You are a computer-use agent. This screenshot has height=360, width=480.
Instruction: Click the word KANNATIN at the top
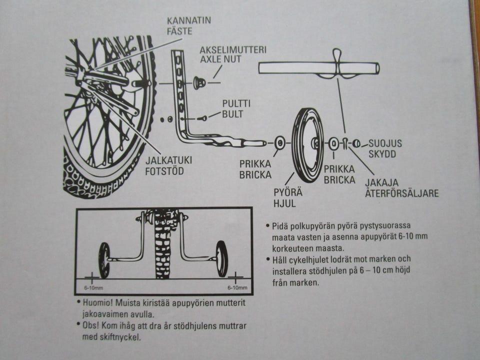189,20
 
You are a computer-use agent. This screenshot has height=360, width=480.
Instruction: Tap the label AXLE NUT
220,59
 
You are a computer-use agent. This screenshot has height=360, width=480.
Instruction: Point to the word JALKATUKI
168,160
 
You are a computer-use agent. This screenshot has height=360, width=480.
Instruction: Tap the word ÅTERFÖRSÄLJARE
401,192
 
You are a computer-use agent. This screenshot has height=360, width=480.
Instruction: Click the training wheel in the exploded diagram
307,145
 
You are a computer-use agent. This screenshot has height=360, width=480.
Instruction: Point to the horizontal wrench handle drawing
318,67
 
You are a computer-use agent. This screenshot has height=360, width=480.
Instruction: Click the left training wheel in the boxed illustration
104,259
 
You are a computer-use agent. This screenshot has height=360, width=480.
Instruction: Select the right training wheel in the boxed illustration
221,258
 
